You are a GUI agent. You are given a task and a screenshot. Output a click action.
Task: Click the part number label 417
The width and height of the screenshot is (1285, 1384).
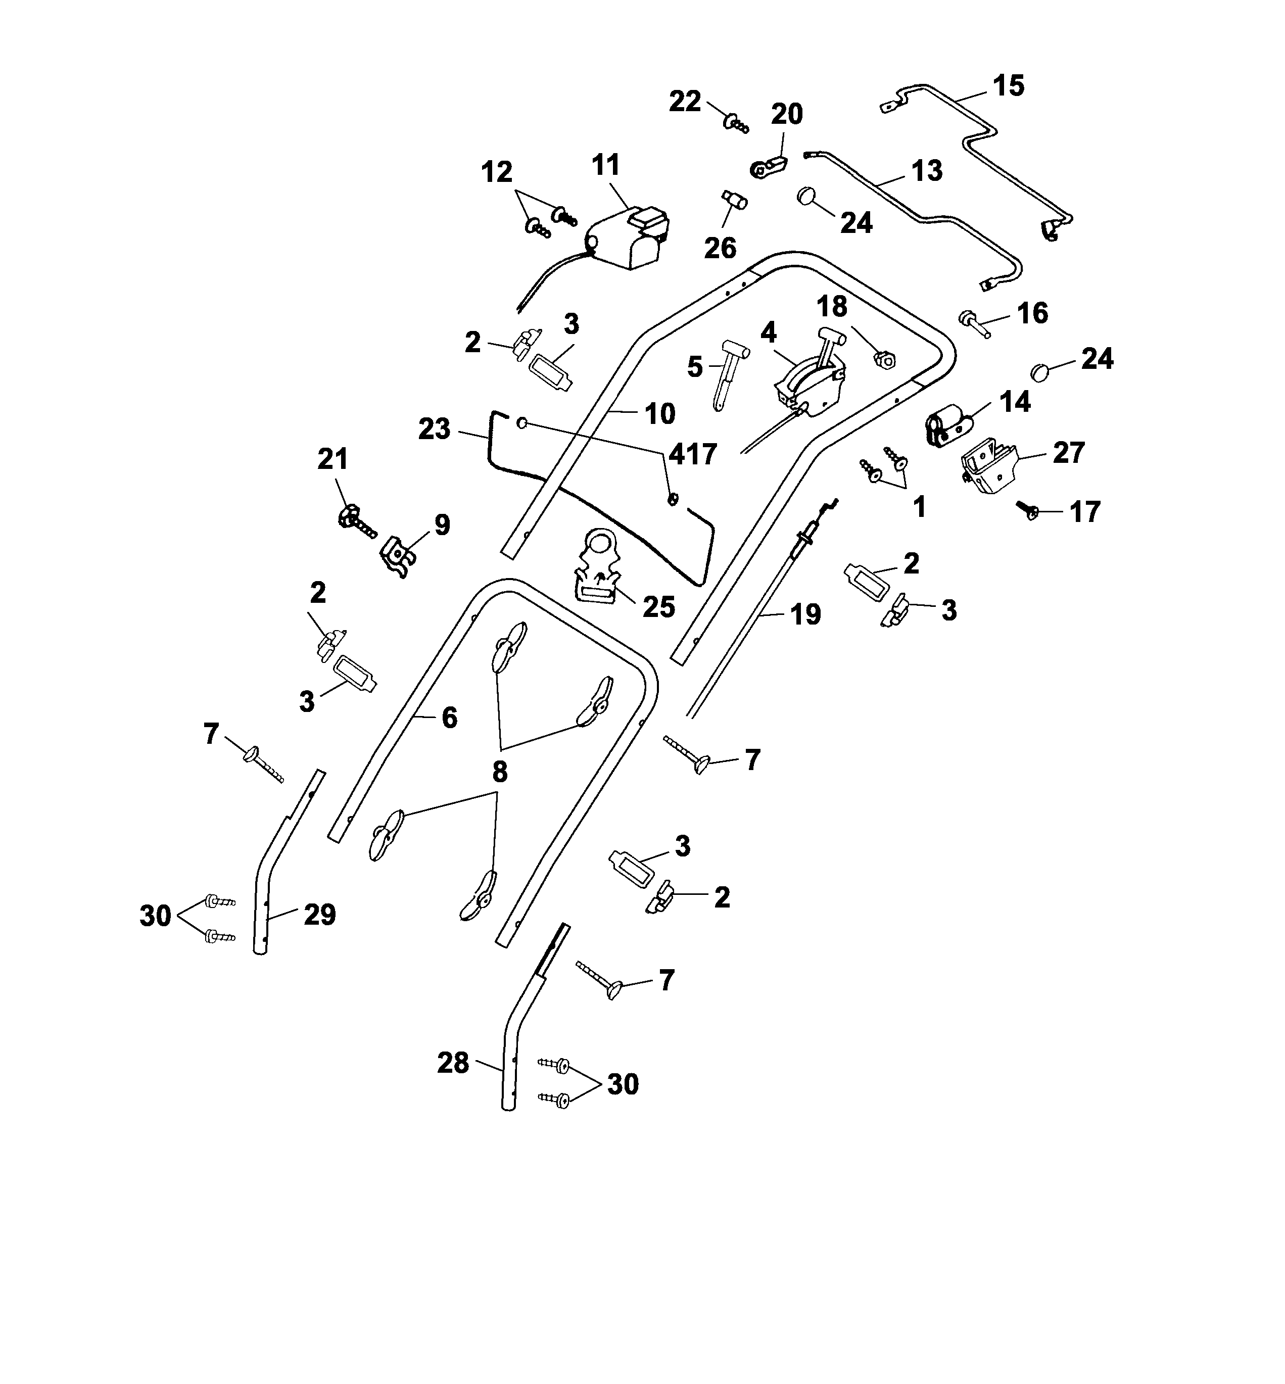[693, 454]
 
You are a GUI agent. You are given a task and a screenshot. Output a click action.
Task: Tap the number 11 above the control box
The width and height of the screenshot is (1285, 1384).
[606, 166]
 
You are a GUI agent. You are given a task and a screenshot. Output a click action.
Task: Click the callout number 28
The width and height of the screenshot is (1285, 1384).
[453, 1063]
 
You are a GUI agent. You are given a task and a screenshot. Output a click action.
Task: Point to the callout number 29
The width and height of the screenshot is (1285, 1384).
[320, 914]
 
